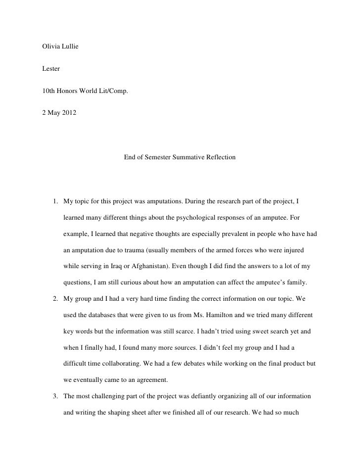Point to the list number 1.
tap(55, 201)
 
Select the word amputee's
tap(278, 282)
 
